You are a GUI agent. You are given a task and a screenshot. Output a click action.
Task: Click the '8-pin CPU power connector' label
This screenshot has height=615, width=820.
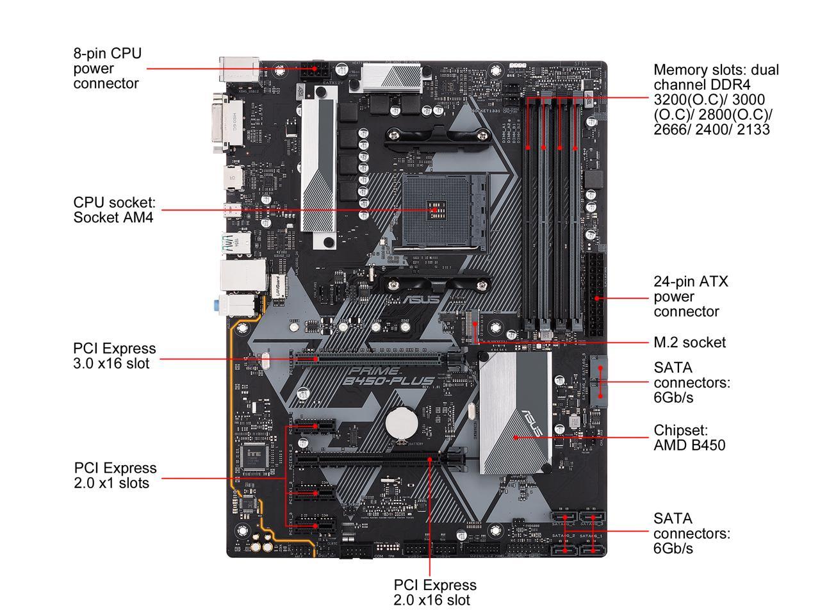(107, 68)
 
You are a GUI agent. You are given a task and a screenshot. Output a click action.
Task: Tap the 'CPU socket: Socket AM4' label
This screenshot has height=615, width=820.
(114, 209)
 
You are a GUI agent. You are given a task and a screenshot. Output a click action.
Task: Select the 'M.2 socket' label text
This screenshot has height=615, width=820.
(689, 342)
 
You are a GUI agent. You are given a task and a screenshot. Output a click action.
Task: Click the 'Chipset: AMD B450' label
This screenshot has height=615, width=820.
(689, 437)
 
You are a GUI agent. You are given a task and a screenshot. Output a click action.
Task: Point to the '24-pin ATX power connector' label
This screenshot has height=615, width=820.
(691, 296)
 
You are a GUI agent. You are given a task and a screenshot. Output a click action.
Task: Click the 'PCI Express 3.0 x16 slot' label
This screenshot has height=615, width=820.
(114, 356)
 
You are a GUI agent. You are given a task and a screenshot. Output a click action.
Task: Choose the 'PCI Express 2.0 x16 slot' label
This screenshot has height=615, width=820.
(434, 592)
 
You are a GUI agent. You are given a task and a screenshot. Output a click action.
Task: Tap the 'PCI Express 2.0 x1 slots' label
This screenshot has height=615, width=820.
(115, 475)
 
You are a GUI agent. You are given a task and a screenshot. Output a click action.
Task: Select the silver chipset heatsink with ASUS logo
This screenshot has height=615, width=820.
(516, 413)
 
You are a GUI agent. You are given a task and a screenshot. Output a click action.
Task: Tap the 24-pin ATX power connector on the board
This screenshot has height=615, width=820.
(594, 297)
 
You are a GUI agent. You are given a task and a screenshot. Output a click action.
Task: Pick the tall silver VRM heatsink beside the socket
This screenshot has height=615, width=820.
(318, 167)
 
